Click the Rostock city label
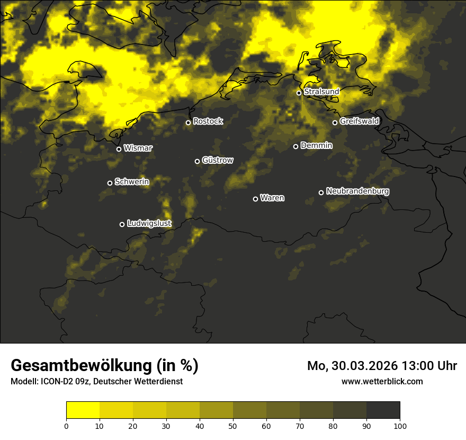click(x=208, y=121)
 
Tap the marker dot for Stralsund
click(x=299, y=93)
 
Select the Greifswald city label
click(x=360, y=121)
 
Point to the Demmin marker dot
click(x=295, y=146)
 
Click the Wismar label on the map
click(x=138, y=148)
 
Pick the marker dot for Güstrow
click(x=197, y=161)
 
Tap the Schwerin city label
click(x=132, y=182)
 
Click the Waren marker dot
click(x=255, y=199)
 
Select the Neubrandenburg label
click(x=358, y=191)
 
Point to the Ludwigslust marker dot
click(x=122, y=224)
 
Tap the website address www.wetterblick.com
click(x=382, y=381)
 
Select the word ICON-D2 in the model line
click(x=55, y=381)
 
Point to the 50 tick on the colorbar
click(x=233, y=426)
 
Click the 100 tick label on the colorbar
click(x=400, y=426)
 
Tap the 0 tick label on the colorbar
click(x=66, y=426)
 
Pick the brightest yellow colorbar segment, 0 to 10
click(x=83, y=410)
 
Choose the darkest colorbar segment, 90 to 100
click(x=383, y=410)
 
